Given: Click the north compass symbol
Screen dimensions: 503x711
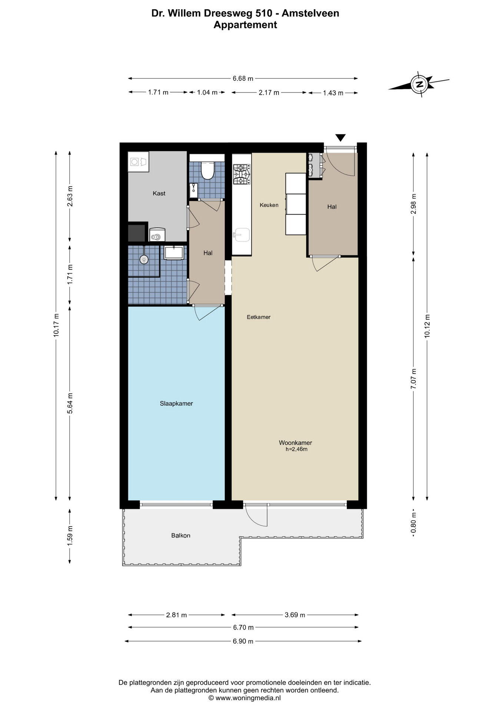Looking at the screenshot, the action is click(x=419, y=84).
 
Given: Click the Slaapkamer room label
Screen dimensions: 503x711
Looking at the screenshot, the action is click(x=176, y=404).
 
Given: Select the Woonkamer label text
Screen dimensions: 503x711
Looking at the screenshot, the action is click(x=295, y=443).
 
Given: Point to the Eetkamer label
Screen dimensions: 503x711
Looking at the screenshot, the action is click(x=259, y=317).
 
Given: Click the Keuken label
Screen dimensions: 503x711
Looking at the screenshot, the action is click(x=269, y=205).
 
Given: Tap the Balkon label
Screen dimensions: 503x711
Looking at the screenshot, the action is click(x=181, y=535).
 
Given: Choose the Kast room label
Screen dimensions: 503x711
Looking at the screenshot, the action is click(x=159, y=193).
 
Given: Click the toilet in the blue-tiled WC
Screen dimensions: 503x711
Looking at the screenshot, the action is click(x=207, y=170).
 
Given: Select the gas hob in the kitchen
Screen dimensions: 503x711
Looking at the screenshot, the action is click(x=241, y=174).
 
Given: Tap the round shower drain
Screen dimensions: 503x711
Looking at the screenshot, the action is click(x=144, y=259).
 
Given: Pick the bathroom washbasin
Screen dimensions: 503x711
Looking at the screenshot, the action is click(x=174, y=253).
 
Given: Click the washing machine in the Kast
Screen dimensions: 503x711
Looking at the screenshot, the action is click(x=138, y=162).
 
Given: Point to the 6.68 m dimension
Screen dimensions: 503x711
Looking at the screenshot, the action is click(x=243, y=79).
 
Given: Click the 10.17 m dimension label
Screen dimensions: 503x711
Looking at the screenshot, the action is click(x=56, y=325).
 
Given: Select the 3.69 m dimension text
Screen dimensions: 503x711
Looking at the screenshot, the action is click(x=295, y=615).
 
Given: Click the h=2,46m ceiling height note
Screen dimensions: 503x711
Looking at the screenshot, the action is click(x=296, y=450).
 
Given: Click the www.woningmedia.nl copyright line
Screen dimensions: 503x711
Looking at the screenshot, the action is click(x=245, y=698).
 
